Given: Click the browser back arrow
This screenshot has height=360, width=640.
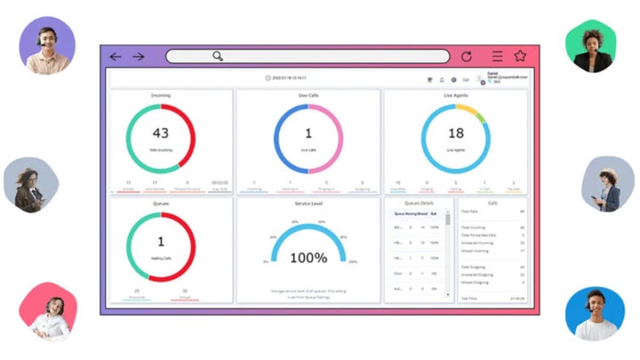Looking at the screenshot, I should [116, 57].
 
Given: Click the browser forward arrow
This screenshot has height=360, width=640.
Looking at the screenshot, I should [139, 57].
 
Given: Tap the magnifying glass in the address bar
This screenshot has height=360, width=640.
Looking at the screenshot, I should [218, 57].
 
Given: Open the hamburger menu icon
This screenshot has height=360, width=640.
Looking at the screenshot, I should [497, 56].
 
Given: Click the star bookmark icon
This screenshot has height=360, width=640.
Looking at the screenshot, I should [521, 56].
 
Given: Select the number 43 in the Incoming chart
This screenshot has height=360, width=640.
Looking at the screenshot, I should [160, 134].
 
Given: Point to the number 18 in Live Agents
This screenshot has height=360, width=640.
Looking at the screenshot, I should [456, 134].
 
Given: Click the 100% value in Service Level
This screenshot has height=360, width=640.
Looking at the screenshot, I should [309, 258].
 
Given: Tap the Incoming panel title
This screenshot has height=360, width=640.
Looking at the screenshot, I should [161, 94].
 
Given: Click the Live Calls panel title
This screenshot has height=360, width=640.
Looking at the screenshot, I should [308, 94].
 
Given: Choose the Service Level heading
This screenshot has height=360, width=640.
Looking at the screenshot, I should [308, 202].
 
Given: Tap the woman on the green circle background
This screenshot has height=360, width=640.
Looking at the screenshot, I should [591, 47].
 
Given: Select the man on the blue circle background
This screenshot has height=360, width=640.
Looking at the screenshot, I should [593, 313].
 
